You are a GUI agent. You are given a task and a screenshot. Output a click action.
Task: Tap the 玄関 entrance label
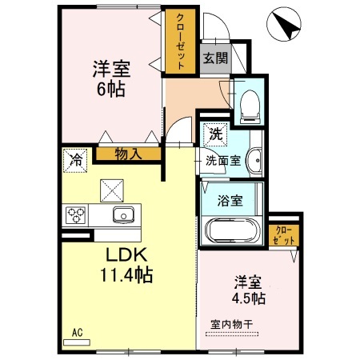point(214,58)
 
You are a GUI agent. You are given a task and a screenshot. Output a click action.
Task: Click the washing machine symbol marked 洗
point(215,134)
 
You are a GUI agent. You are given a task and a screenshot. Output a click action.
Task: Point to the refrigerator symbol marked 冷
point(76,158)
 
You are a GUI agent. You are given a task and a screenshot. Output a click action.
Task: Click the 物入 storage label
point(128,153)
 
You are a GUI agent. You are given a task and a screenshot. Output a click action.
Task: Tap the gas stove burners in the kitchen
point(77,215)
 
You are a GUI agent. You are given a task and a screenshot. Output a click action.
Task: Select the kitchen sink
point(124,214)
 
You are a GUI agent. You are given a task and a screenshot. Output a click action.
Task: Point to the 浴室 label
point(232,201)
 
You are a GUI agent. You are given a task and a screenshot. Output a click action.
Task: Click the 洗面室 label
point(223,160)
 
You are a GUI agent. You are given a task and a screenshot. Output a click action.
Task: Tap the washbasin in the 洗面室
point(255,160)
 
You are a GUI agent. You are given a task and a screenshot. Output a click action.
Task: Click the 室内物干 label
point(232,324)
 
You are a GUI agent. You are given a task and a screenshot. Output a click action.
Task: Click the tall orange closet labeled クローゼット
point(180,42)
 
